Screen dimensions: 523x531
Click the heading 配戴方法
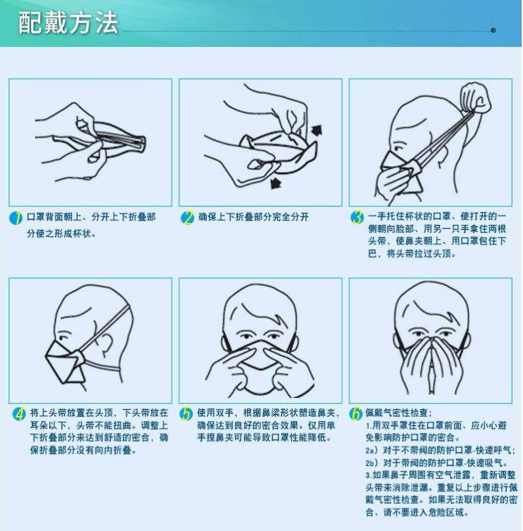[68, 22]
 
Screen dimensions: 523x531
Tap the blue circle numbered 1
[16, 218]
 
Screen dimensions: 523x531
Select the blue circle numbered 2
[187, 218]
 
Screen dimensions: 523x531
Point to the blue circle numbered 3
[357, 218]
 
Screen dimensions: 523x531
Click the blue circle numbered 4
[19, 414]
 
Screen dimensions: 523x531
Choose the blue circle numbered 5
[186, 414]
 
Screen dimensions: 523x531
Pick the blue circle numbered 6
[356, 414]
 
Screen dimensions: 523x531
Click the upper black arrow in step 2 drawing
[316, 130]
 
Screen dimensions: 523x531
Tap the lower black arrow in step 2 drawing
[276, 183]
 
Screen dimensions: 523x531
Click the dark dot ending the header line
[493, 30]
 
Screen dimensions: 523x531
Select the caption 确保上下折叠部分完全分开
[253, 217]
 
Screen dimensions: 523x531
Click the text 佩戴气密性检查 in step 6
[397, 413]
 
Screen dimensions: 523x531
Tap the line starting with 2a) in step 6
[440, 450]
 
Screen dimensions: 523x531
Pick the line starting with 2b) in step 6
[436, 463]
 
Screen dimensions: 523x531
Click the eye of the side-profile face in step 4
[63, 338]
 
